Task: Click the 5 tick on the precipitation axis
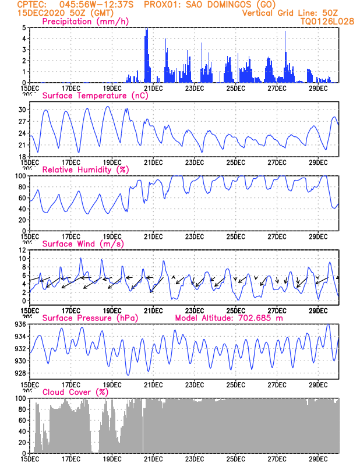[23, 27]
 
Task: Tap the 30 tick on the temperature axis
[21, 110]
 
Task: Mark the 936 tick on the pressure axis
[19, 324]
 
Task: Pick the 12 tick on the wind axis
[21, 250]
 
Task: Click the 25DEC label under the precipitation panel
[235, 88]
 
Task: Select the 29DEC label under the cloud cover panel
[318, 459]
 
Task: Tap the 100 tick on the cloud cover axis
[19, 398]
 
